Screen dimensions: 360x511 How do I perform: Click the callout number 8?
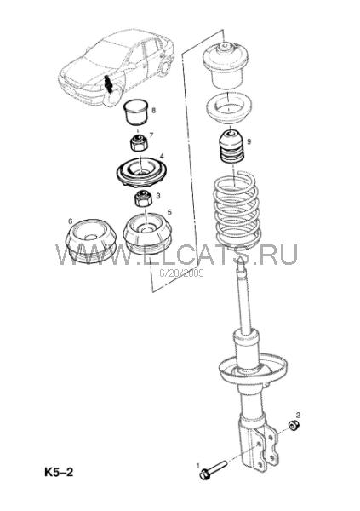(x=153, y=110)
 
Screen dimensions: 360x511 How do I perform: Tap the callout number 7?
(x=151, y=135)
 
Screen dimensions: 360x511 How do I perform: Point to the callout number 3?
(x=158, y=196)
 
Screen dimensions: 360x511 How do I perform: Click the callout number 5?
(x=169, y=212)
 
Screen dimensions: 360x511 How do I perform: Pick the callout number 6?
(x=71, y=221)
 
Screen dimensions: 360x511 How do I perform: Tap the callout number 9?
(x=249, y=141)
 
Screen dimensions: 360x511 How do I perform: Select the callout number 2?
(x=298, y=415)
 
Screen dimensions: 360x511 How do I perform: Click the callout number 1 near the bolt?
(x=198, y=465)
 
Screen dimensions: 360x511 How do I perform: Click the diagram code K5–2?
(x=59, y=472)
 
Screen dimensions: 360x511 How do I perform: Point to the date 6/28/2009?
(x=181, y=273)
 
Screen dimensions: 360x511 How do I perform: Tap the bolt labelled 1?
(x=213, y=469)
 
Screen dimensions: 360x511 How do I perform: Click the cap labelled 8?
(x=136, y=112)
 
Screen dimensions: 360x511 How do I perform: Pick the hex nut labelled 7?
(x=140, y=142)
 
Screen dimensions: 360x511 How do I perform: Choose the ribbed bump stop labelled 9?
(x=232, y=147)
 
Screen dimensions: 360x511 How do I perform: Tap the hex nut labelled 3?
(x=143, y=198)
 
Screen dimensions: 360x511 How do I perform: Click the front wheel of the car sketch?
(x=112, y=96)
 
